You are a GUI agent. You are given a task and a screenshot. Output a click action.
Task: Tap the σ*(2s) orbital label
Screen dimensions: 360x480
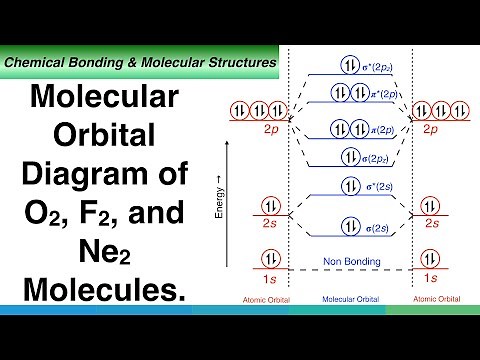point(378,187)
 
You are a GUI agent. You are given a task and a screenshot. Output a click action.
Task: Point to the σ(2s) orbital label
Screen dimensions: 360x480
point(376,230)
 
